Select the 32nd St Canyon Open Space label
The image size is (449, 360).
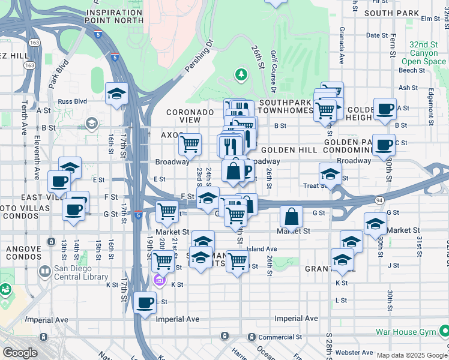point(424,53)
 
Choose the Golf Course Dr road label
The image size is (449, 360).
point(273,71)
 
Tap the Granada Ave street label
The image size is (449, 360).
point(341,45)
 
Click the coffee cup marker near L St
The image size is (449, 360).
point(145,302)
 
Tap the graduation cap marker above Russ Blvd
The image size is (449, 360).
point(116,93)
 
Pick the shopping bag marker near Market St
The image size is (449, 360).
point(291,217)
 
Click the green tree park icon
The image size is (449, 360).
point(241,74)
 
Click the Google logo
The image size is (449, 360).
point(20,353)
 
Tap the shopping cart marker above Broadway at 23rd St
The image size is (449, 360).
point(190,143)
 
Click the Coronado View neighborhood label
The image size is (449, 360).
point(190,116)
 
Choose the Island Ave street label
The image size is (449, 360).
point(262,248)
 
